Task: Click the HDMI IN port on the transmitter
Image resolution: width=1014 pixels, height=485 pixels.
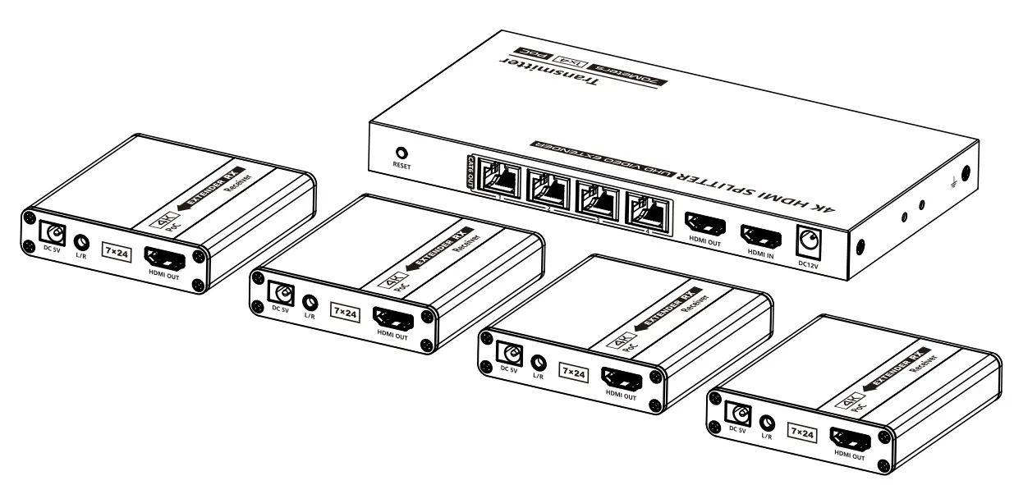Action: [x=761, y=238]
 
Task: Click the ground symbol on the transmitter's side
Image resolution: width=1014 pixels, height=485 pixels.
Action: [x=947, y=185]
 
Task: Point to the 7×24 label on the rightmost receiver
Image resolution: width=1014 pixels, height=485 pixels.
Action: [x=801, y=432]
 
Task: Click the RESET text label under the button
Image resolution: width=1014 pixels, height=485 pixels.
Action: [x=401, y=166]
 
